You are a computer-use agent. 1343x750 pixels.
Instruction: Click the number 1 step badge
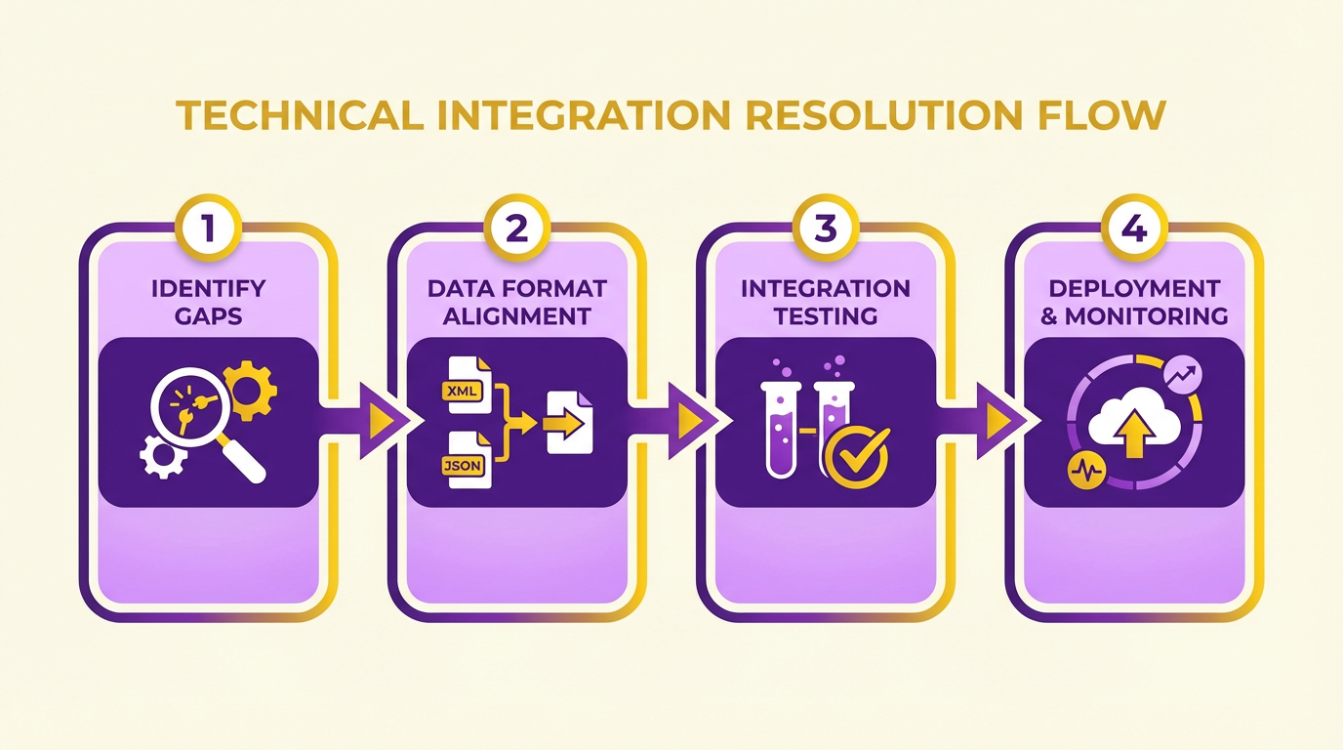pos(208,228)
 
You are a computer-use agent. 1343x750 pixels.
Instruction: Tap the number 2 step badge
pos(517,228)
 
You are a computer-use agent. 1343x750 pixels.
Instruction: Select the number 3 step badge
pos(826,228)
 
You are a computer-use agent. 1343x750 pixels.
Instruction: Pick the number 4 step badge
pos(1134,228)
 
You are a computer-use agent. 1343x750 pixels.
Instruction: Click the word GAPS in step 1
pos(208,316)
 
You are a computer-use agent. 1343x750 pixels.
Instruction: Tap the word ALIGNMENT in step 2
pos(517,316)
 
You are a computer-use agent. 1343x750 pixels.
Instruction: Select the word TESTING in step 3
pos(826,316)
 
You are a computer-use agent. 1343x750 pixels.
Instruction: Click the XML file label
pos(463,392)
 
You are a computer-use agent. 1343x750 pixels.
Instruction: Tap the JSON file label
pos(463,466)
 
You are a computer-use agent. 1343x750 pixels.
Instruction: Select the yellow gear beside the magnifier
pos(250,391)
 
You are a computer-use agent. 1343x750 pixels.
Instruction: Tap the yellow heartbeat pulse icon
pos(1086,471)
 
